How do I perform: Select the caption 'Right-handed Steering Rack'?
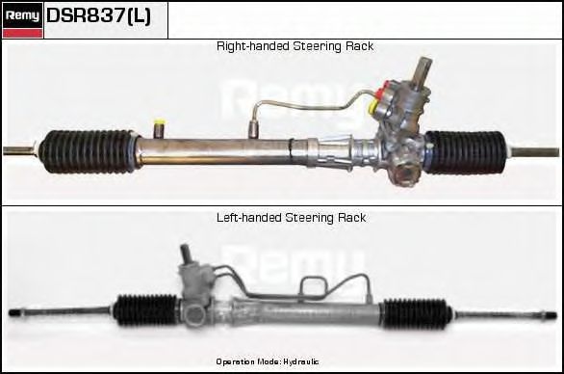click(x=295, y=46)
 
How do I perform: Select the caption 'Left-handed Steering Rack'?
click(x=291, y=218)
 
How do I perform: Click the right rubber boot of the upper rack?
click(x=466, y=151)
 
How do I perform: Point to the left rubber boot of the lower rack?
click(x=144, y=310)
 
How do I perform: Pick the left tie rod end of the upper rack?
click(x=17, y=149)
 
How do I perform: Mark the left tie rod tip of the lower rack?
click(x=13, y=313)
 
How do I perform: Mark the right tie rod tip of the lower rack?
click(x=551, y=314)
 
